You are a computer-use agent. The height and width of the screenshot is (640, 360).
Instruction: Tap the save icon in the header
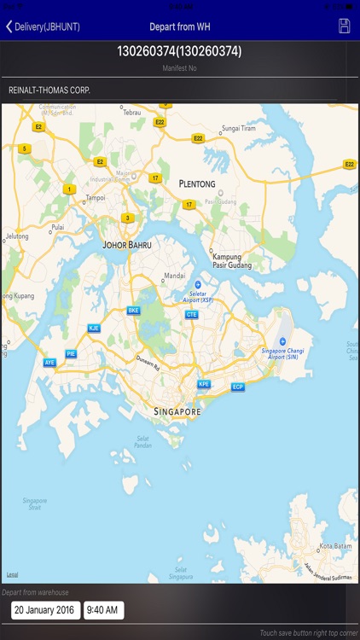(345, 26)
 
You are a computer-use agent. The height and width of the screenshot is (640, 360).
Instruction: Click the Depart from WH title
(180, 26)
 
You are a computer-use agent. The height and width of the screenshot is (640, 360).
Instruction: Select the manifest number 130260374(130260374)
(179, 51)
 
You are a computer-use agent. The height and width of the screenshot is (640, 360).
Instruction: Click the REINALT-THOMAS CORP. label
(49, 90)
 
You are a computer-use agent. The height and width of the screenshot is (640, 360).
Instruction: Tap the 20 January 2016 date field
(46, 610)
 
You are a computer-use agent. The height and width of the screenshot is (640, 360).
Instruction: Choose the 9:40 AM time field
(104, 610)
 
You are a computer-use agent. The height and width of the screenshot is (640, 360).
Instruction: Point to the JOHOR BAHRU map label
(127, 245)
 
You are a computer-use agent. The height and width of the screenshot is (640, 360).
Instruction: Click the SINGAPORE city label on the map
(177, 411)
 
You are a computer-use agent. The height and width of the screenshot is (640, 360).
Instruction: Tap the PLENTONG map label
(197, 183)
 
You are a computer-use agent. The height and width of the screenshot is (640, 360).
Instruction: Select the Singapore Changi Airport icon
(282, 341)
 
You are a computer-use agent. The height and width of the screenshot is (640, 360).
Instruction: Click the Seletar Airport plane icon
(198, 285)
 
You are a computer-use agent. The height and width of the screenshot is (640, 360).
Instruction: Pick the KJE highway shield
(94, 328)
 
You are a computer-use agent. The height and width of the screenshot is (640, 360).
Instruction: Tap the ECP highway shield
(238, 387)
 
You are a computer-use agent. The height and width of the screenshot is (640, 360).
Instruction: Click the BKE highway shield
(133, 311)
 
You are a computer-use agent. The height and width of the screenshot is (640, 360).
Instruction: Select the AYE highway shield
(49, 363)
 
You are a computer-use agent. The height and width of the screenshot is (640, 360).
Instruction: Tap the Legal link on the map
(12, 574)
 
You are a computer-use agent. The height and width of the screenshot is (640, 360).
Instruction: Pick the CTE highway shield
(192, 314)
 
